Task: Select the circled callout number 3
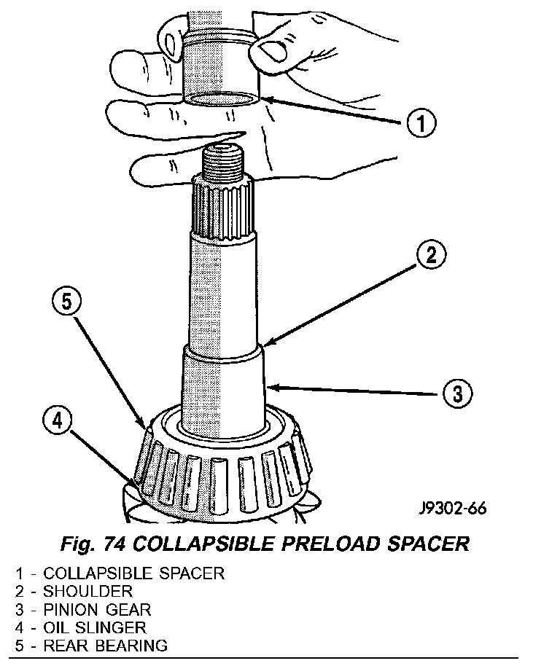pos(457,393)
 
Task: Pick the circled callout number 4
pos(58,420)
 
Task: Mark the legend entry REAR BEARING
pos(105,645)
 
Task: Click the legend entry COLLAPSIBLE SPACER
pos(133,572)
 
